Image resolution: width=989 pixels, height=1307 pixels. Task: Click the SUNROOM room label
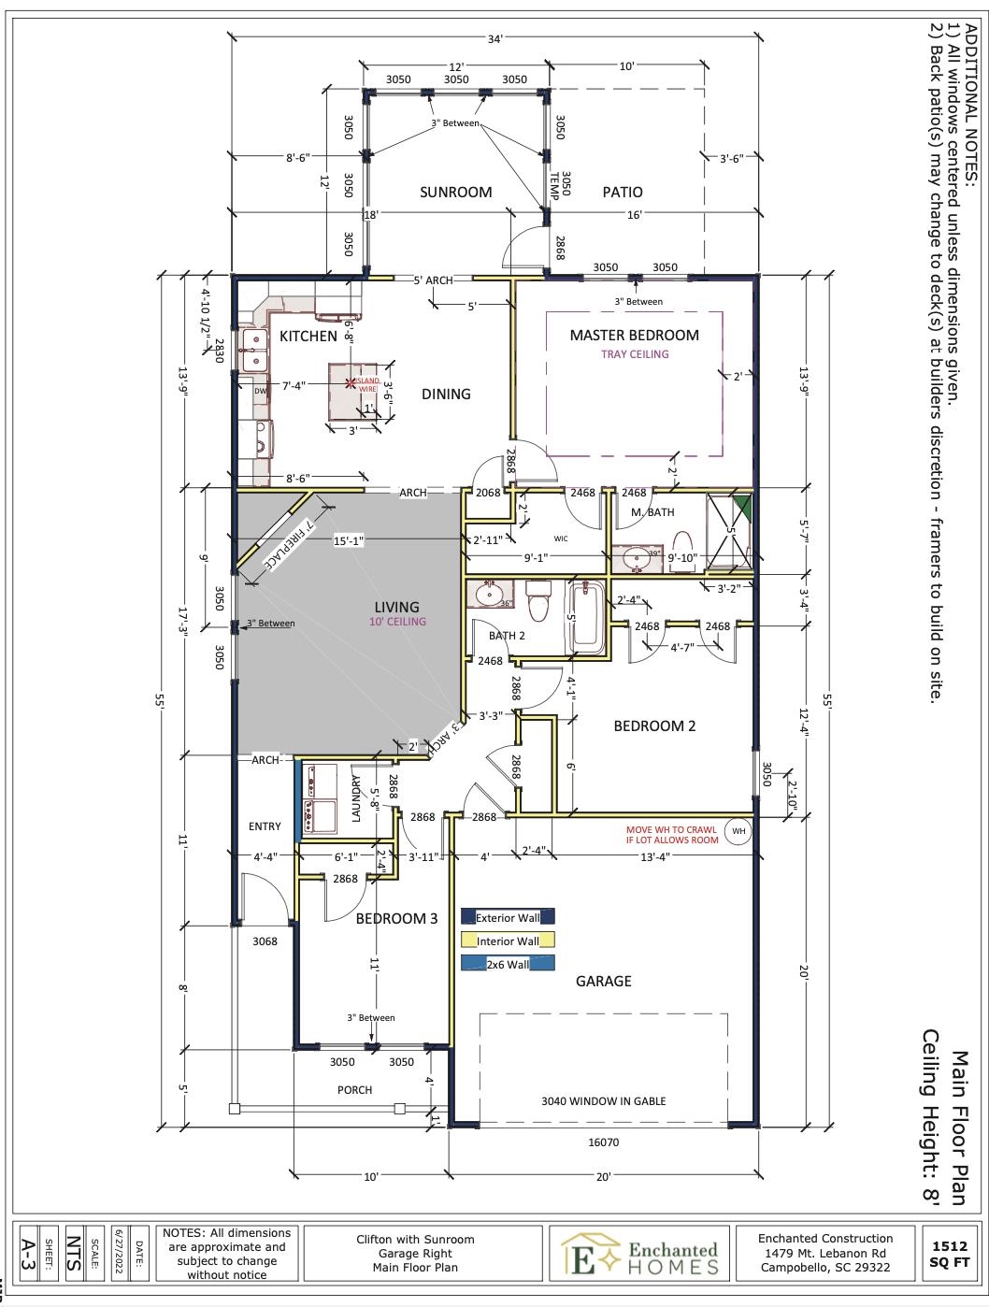(x=455, y=193)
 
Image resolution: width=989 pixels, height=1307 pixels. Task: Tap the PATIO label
(x=623, y=193)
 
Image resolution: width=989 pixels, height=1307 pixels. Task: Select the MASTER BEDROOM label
(x=634, y=336)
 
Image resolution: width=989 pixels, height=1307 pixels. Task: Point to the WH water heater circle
(x=738, y=831)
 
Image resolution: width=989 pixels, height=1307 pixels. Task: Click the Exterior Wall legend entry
(x=508, y=918)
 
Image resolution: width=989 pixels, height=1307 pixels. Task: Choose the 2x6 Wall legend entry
(x=508, y=965)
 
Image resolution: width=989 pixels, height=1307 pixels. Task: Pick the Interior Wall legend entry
(x=508, y=941)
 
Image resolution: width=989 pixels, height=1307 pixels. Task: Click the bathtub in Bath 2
(x=587, y=617)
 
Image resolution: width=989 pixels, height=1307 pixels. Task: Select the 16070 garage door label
(x=603, y=1142)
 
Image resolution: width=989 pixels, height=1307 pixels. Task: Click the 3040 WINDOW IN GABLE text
(x=603, y=1101)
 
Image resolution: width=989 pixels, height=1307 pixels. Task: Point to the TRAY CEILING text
(x=635, y=354)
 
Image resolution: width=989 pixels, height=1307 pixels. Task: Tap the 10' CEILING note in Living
(x=397, y=622)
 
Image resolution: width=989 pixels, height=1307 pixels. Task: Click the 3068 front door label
(x=265, y=941)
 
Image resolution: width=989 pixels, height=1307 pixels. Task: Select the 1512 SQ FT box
(x=949, y=1253)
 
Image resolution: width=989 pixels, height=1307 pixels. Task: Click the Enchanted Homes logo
(x=641, y=1255)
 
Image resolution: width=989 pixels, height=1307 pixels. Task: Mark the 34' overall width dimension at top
(x=494, y=38)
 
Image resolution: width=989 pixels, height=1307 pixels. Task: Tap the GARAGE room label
(x=603, y=982)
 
